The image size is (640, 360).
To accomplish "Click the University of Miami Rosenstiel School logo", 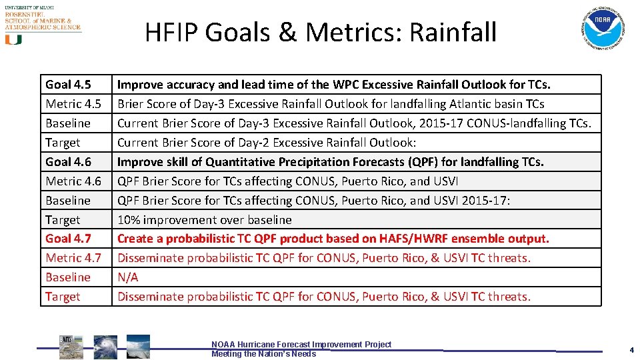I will tap(42, 24).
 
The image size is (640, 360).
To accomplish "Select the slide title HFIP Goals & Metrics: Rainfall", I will tap(321, 32).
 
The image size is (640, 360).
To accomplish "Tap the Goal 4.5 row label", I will tap(68, 85).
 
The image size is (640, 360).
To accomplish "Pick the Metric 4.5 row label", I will tap(73, 104).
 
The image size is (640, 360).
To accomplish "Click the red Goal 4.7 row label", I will tap(68, 239).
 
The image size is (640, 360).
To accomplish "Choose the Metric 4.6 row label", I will tap(73, 181).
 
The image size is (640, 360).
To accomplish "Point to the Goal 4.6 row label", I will tap(68, 162).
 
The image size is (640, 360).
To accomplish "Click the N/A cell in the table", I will tap(128, 277).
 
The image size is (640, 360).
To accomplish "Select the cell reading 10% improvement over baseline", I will tap(205, 219).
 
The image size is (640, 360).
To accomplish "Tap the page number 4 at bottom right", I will tap(631, 350).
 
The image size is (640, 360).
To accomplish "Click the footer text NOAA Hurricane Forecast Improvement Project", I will tap(301, 345).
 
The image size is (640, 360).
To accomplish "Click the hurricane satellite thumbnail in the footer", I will tap(105, 347).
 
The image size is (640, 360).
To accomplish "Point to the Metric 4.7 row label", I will tap(73, 258).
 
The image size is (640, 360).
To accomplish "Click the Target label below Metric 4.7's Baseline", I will tap(63, 297).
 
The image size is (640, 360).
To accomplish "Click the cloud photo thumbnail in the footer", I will tap(138, 347).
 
